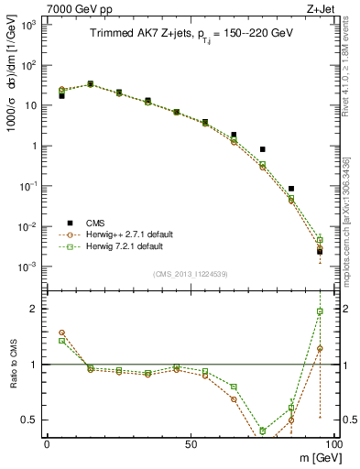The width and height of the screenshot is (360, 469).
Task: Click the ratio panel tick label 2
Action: [x=36, y=310]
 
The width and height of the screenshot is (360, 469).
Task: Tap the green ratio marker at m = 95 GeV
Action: [x=320, y=311]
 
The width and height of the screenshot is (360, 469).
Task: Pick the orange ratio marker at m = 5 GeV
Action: [x=61, y=333]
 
